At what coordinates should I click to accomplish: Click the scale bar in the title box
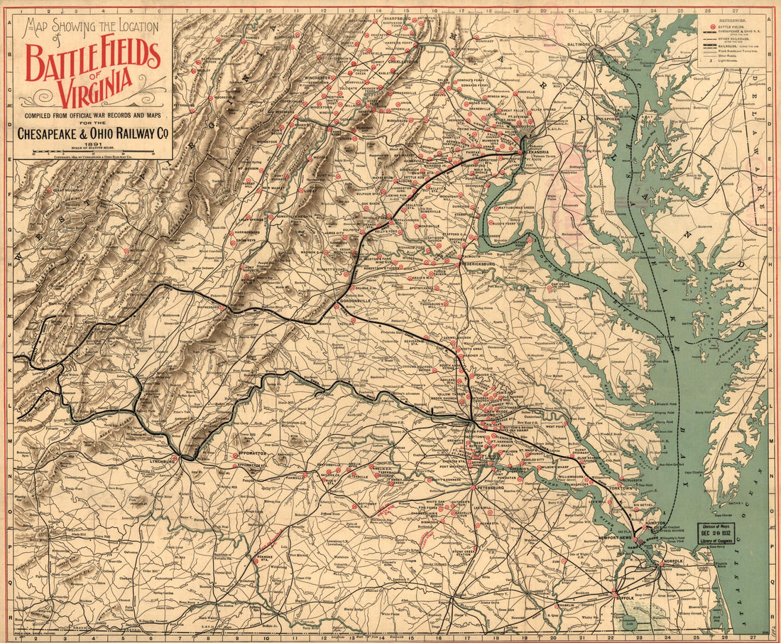click(x=94, y=151)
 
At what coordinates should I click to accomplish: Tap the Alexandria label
click(x=536, y=152)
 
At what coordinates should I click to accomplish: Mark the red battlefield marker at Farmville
click(x=305, y=476)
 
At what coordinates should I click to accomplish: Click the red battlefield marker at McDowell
click(x=126, y=251)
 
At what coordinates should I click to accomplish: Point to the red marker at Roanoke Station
click(x=256, y=561)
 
